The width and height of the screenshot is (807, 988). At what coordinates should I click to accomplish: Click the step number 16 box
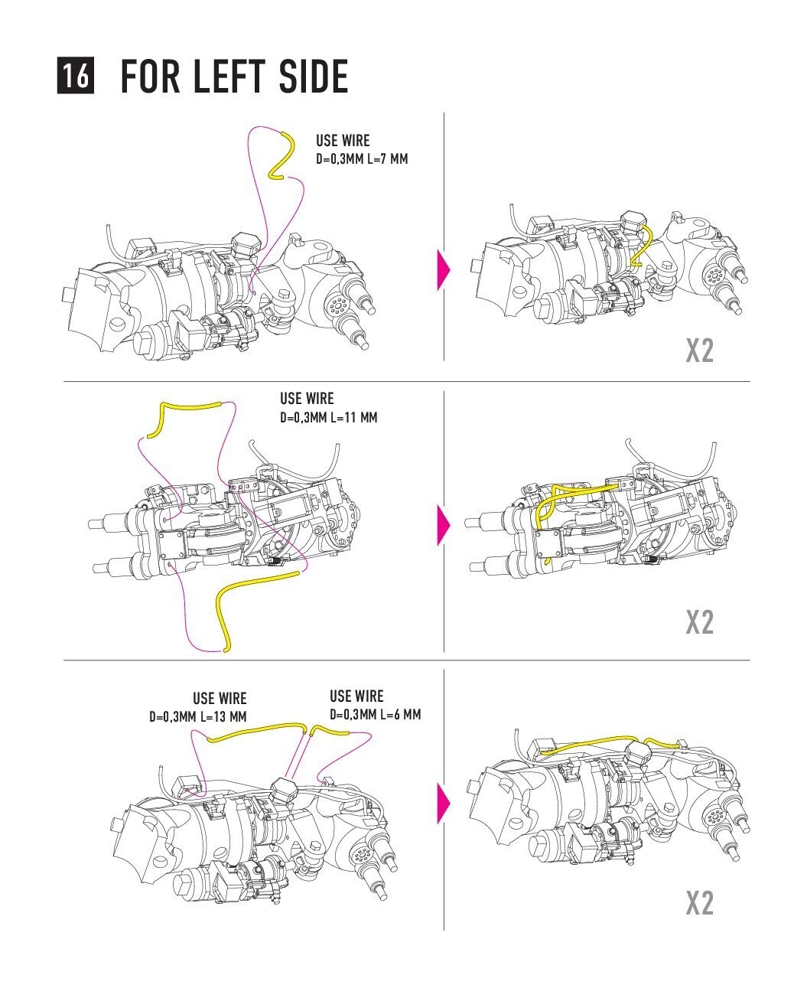75,76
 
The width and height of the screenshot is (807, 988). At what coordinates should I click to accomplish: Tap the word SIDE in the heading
315,76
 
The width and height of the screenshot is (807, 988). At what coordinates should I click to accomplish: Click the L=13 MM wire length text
223,717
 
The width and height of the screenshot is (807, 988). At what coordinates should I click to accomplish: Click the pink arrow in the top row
443,269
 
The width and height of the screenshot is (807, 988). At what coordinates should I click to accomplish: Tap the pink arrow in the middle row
443,524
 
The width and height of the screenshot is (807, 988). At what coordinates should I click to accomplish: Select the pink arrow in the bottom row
443,803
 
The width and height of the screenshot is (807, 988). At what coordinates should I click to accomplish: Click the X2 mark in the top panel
699,351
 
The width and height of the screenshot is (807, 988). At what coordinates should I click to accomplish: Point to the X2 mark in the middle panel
699,621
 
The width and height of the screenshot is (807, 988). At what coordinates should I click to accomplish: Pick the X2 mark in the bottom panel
699,903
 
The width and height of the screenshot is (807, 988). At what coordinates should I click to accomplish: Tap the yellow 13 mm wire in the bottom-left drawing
256,731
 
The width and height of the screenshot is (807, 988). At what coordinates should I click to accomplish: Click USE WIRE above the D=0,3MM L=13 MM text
220,698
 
